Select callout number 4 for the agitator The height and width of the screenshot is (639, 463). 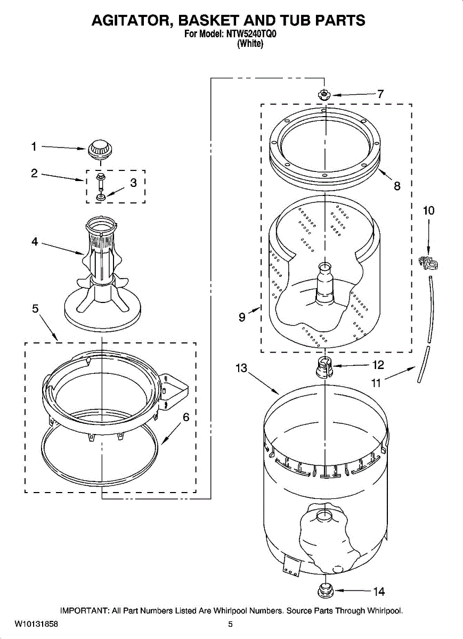point(35,242)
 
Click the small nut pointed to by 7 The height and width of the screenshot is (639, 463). point(323,95)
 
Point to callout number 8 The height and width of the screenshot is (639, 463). point(397,186)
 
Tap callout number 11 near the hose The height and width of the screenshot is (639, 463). point(376,382)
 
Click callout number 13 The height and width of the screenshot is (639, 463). point(242,368)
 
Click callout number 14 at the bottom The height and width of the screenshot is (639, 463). point(378,591)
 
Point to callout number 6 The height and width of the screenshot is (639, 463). point(186,417)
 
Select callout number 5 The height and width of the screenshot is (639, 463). point(35,308)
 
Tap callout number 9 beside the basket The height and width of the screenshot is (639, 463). point(242,317)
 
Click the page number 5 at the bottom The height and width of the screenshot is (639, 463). point(230,624)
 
